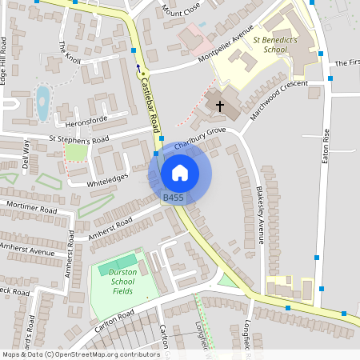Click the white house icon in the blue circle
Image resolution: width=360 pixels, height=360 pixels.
(x=180, y=172)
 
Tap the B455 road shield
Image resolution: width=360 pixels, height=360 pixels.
(x=174, y=198)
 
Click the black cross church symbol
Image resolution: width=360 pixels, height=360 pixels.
(x=219, y=105)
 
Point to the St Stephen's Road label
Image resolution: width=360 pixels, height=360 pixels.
(x=78, y=138)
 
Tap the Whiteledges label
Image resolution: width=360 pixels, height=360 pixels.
(x=106, y=182)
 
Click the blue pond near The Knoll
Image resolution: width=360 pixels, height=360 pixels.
(x=42, y=101)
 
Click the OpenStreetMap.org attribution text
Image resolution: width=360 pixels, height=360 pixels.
(x=96, y=354)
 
